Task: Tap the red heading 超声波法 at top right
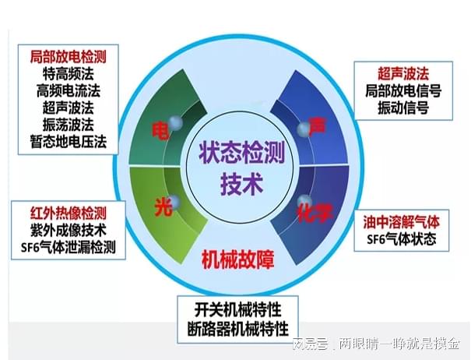click(x=401, y=73)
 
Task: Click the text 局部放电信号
click(x=402, y=91)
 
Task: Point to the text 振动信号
click(x=402, y=108)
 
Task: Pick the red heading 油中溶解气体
click(x=401, y=222)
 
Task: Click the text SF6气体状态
click(x=401, y=239)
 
